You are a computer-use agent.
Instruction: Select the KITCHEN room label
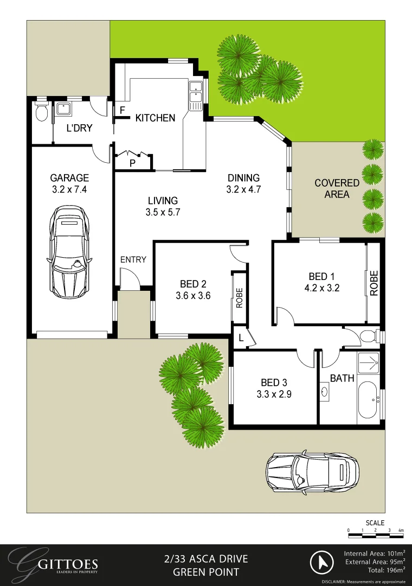pos(155,118)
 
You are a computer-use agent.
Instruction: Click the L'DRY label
pos(79,129)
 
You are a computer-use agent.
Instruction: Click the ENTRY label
pos(133,259)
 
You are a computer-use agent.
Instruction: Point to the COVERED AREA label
pos(337,188)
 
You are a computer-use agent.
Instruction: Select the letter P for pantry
pos(132,163)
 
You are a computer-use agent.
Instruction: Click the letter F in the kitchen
pos(123,110)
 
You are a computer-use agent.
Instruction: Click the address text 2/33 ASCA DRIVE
pos(205,559)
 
